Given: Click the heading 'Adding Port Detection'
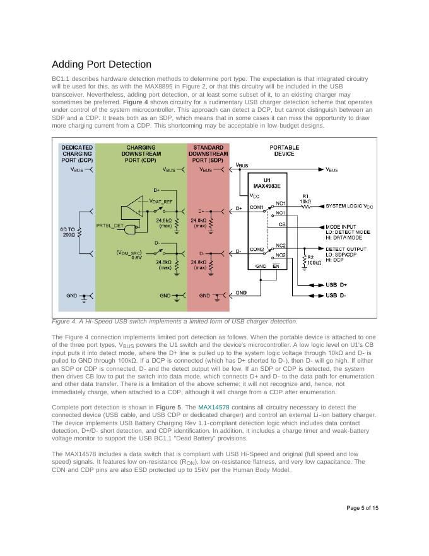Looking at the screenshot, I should pyautogui.click(x=102, y=64).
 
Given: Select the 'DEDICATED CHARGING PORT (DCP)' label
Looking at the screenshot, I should pyautogui.click(x=77, y=154).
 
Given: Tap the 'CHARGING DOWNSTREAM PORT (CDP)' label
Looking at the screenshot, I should pyautogui.click(x=141, y=154).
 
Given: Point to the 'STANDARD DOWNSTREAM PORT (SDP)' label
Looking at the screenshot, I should pyautogui.click(x=208, y=154).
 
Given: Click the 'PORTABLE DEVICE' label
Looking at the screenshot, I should pyautogui.click(x=284, y=150).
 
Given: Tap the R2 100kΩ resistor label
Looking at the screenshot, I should pyautogui.click(x=314, y=260).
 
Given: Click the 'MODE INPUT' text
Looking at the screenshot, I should pyautogui.click(x=341, y=226).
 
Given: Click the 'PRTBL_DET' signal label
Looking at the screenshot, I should pyautogui.click(x=109, y=225).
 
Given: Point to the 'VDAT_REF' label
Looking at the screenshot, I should pyautogui.click(x=161, y=200).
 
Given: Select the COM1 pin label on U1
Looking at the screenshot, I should pyautogui.click(x=257, y=207).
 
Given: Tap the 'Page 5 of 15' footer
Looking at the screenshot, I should pyautogui.click(x=362, y=508).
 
